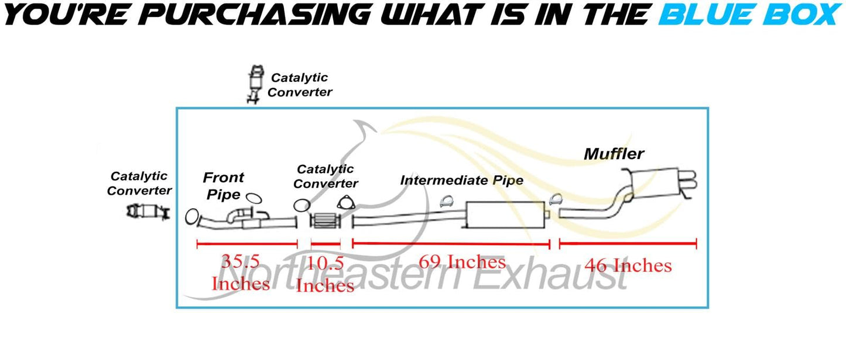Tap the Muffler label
click(614, 154)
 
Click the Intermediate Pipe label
click(461, 180)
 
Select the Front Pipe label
click(223, 185)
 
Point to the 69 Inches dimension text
click(462, 261)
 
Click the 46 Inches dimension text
click(628, 266)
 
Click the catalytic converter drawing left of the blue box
click(148, 211)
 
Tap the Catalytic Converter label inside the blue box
click(326, 176)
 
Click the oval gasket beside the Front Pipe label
click(254, 198)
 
